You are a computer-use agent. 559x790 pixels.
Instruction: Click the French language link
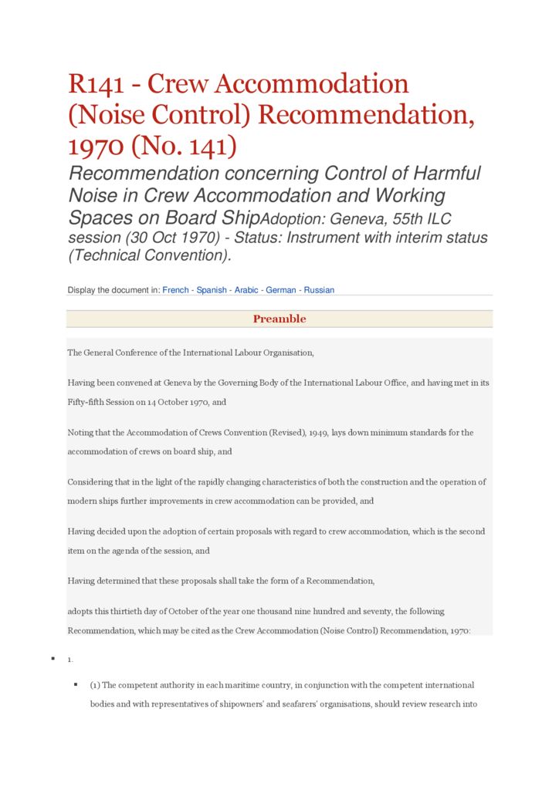[x=175, y=290]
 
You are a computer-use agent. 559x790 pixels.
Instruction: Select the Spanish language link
[x=212, y=290]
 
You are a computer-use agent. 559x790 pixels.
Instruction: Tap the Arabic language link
[x=247, y=290]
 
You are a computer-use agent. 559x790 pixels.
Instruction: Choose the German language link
[x=281, y=290]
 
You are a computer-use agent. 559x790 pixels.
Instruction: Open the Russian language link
[x=319, y=290]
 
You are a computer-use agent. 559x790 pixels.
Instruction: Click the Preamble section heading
[x=279, y=319]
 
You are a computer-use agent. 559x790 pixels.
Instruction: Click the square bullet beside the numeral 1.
[x=53, y=658]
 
